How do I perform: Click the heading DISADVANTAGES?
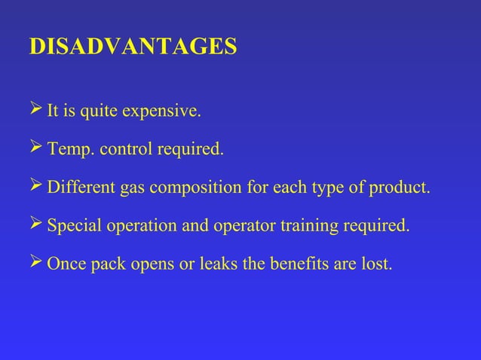[132, 47]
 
